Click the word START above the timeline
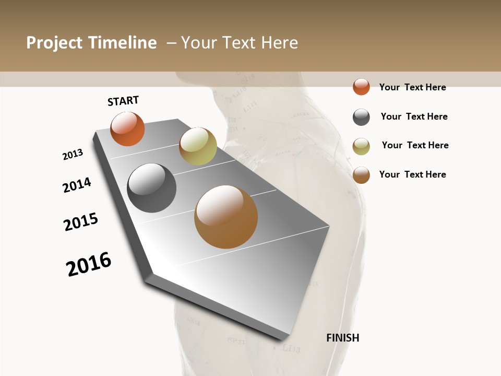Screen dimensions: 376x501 123,101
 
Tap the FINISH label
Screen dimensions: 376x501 342,338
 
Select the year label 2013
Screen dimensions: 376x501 73,155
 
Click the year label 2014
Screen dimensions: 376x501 77,185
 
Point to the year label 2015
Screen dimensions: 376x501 81,222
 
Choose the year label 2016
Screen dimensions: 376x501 89,264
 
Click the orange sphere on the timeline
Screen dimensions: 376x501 127,129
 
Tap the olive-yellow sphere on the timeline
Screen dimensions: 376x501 198,146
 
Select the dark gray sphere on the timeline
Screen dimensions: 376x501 151,188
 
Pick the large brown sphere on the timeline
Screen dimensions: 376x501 226,217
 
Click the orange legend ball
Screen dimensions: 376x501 361,87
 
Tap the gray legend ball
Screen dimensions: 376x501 361,117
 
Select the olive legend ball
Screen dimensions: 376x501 361,146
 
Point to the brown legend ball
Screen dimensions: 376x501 361,175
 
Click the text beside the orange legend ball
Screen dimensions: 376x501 412,87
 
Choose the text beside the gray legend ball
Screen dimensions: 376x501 414,116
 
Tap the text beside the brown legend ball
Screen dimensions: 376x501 412,174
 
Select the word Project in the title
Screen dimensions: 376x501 55,43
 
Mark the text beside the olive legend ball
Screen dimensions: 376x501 415,145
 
